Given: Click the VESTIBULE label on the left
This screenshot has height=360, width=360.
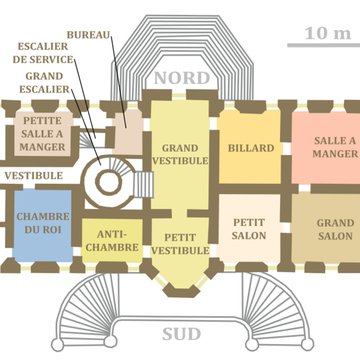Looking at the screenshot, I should (x=33, y=175).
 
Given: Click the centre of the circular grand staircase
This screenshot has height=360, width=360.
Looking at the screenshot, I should (x=106, y=181).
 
